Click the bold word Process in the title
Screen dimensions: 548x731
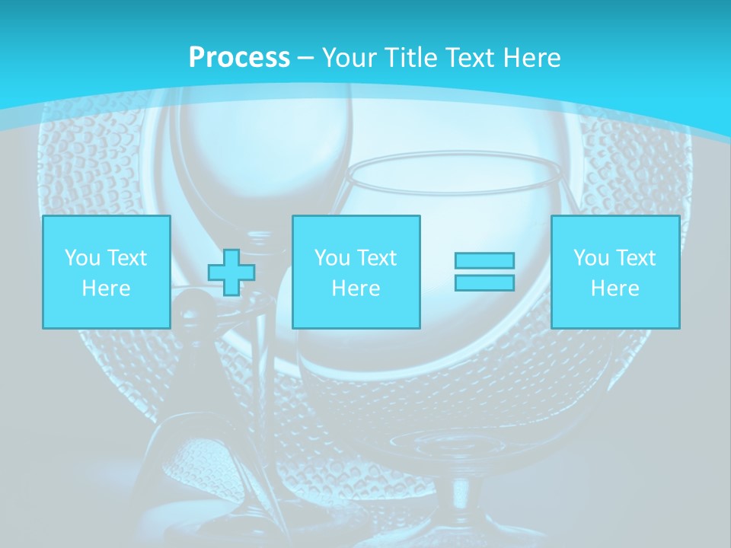239,58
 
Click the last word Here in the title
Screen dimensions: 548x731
532,58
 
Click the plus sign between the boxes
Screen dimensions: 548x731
231,272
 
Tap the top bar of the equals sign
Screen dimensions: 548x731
484,260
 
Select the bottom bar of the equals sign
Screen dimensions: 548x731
484,283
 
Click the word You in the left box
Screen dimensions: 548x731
81,258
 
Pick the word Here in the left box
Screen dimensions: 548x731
106,288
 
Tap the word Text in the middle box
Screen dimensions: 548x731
376,258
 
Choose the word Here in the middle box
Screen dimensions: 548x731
356,288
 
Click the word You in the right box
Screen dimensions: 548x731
590,258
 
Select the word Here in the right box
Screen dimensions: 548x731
614,288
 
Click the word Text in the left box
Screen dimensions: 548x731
126,258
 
